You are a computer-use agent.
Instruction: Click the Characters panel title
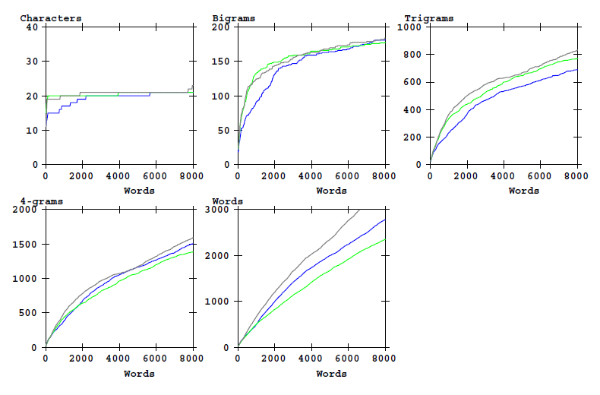(x=51, y=17)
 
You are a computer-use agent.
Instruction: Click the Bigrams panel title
(x=234, y=17)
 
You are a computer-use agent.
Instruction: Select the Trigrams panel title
(x=428, y=17)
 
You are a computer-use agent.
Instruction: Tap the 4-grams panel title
(x=42, y=201)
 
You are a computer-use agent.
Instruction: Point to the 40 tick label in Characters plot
(x=32, y=27)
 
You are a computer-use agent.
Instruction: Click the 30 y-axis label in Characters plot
(x=32, y=62)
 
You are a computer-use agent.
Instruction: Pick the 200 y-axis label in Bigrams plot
(x=222, y=27)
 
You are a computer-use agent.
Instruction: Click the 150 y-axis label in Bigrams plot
(x=222, y=62)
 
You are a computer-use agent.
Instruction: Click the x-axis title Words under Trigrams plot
(x=523, y=191)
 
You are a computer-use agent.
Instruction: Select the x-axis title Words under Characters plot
(x=139, y=191)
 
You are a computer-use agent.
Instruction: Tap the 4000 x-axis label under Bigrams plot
(x=311, y=176)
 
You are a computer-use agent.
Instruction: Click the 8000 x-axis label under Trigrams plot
(x=576, y=176)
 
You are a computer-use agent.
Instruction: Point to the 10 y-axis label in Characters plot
(x=32, y=131)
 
